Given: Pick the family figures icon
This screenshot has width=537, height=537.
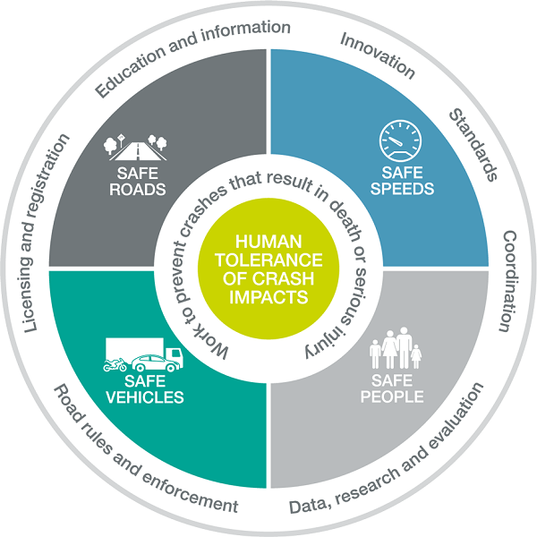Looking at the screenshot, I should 395,349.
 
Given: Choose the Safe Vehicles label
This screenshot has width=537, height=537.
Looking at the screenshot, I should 142,390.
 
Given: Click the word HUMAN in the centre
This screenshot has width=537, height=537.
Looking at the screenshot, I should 268,242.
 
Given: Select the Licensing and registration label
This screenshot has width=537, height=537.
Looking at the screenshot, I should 45,234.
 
